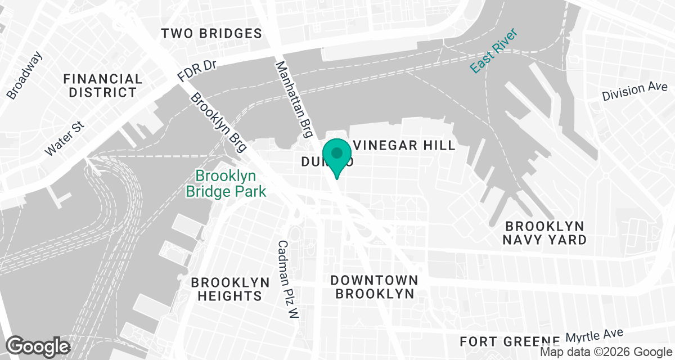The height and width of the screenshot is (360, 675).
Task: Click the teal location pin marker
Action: point(337,155)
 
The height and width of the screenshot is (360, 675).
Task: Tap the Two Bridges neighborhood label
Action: point(211,34)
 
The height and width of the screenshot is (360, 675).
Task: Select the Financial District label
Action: point(103,85)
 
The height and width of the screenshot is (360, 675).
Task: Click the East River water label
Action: point(493,51)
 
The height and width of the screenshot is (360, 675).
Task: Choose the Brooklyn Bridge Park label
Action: point(226,183)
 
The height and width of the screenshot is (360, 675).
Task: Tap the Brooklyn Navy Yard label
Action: point(546,233)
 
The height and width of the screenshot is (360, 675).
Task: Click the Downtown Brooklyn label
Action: point(374,287)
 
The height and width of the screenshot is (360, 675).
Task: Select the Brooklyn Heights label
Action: point(226,289)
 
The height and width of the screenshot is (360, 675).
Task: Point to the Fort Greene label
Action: point(510,341)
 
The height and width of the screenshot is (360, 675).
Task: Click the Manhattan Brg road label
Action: point(293,100)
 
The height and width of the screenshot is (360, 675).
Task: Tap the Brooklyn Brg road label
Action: point(219,122)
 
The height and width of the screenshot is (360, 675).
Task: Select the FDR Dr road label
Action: point(196,70)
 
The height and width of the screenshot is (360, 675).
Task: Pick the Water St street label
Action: point(64,137)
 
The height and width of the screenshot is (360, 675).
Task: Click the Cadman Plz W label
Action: point(287,280)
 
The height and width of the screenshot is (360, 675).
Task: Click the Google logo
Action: point(38,345)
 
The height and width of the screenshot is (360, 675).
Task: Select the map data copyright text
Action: point(606,352)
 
